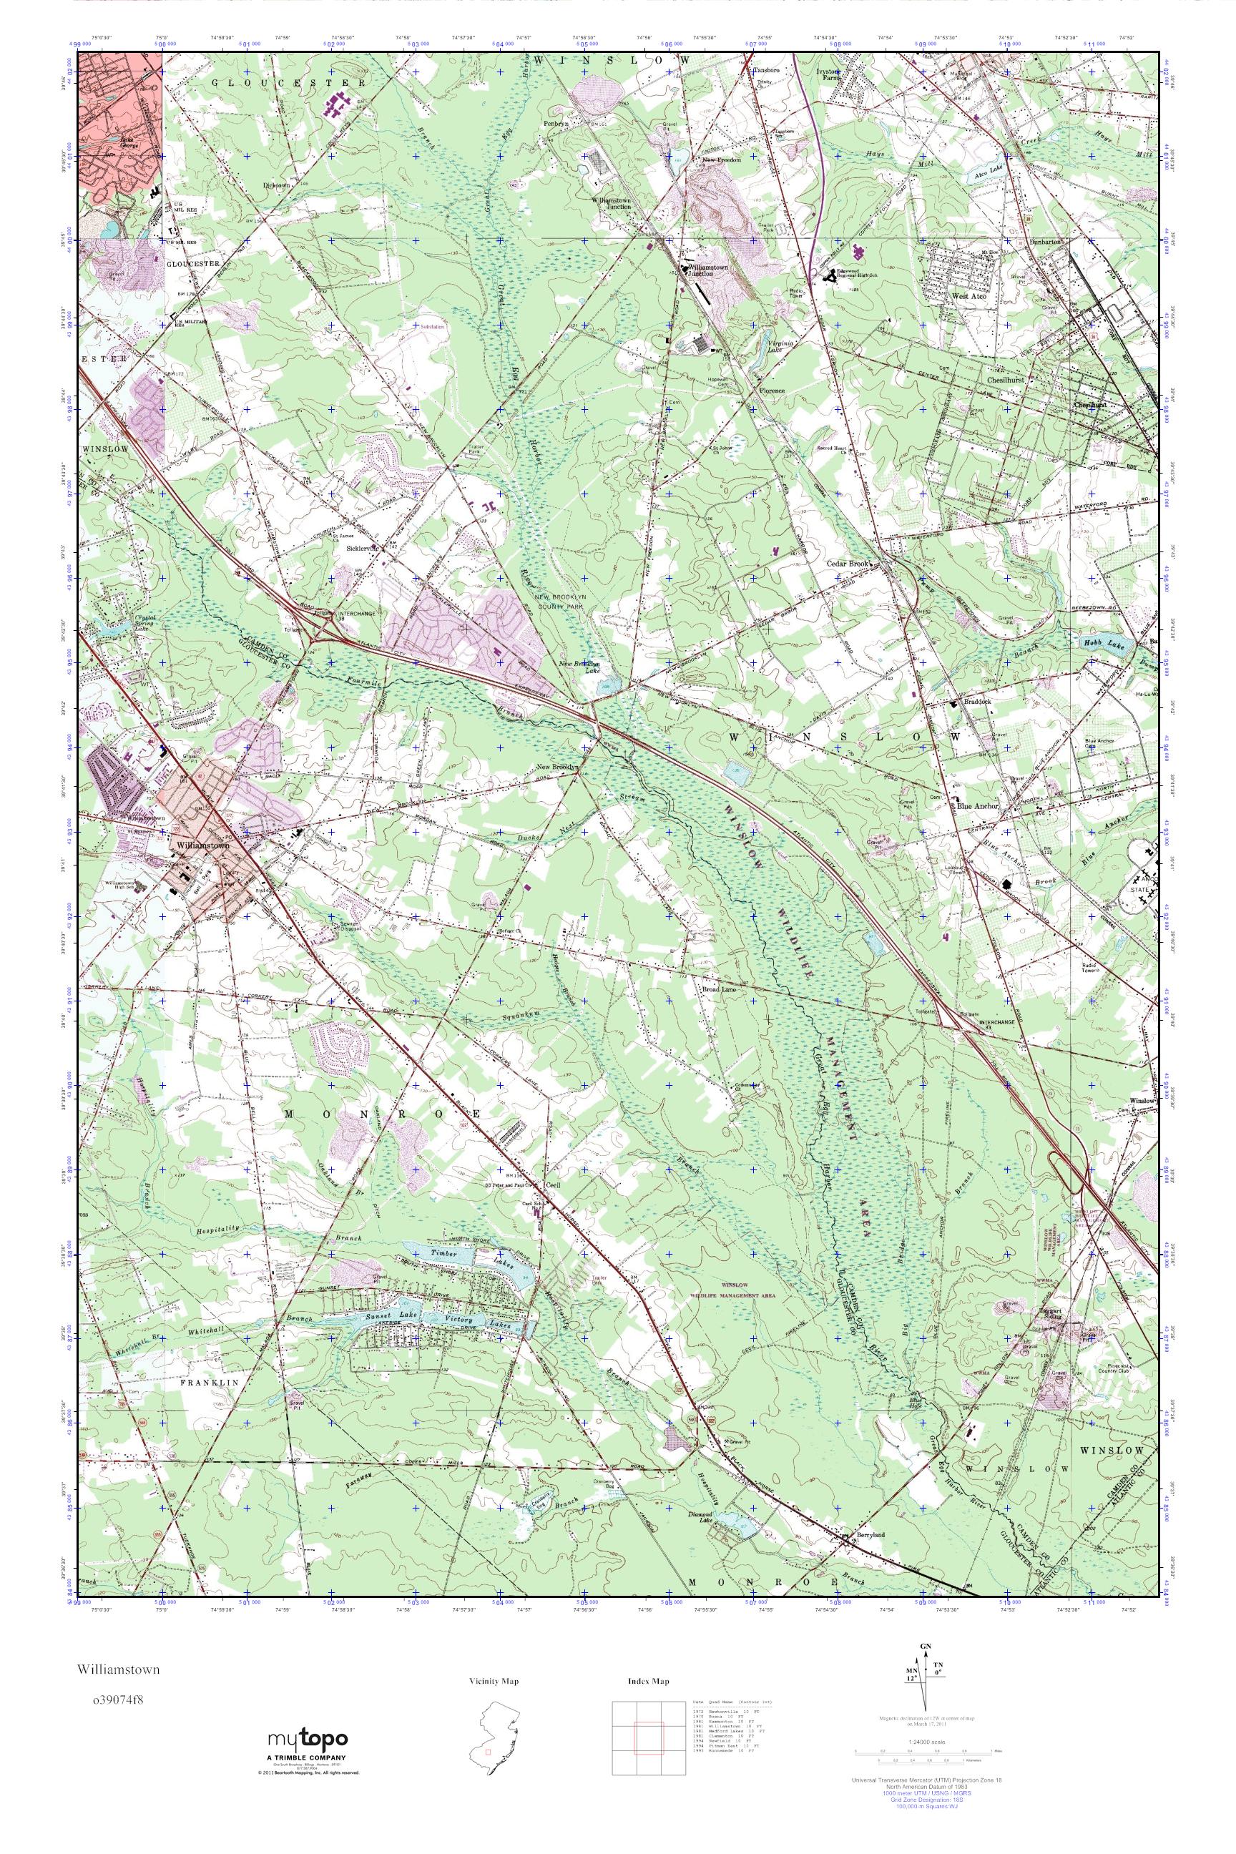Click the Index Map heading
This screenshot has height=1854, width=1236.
tap(649, 1681)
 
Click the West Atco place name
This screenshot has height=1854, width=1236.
tap(968, 296)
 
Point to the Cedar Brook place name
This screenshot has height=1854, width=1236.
tap(845, 564)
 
